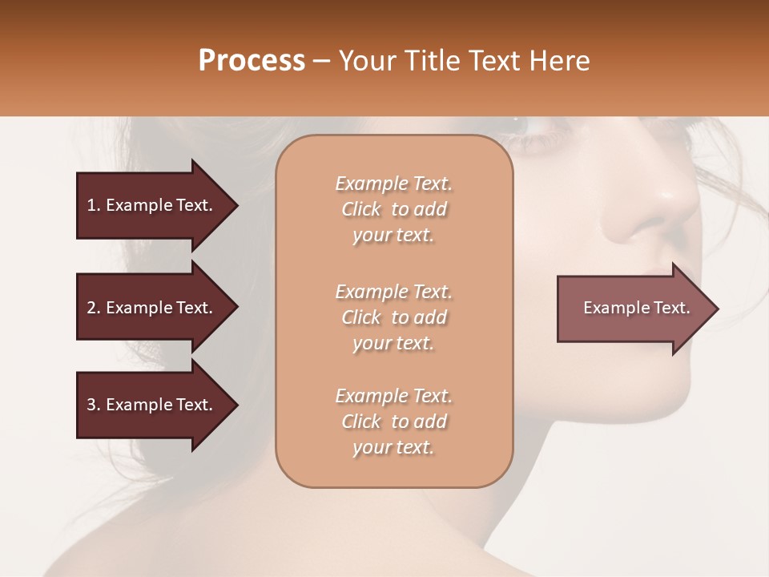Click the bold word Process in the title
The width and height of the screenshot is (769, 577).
point(252,61)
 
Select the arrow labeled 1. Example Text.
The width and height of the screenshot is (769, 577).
point(152,205)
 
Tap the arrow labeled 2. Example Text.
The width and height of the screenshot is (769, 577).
point(152,308)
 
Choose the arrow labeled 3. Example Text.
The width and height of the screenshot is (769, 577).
point(152,405)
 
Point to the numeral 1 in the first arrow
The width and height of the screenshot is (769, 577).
point(91,205)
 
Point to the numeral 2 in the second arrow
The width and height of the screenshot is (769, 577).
point(91,308)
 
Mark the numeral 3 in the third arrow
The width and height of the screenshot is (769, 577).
point(91,405)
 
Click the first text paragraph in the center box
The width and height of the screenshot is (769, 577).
point(393,209)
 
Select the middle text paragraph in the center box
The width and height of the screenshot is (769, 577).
point(393,317)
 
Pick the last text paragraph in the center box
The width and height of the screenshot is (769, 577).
point(393,422)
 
